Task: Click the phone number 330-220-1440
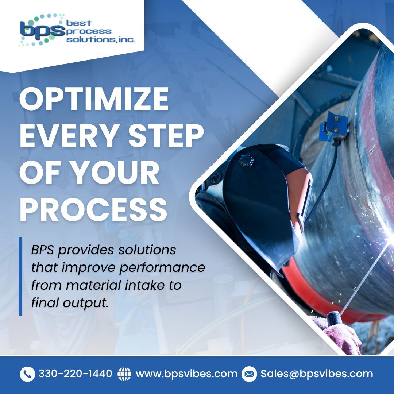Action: point(75,374)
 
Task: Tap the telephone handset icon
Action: point(27,374)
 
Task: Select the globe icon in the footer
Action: point(124,374)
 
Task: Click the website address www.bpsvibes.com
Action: point(186,374)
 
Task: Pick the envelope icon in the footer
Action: point(249,374)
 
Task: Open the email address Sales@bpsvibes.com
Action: point(317,374)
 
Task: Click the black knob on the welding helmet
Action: point(247,160)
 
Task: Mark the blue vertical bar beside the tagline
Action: point(20,276)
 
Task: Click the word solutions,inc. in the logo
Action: point(101,39)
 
